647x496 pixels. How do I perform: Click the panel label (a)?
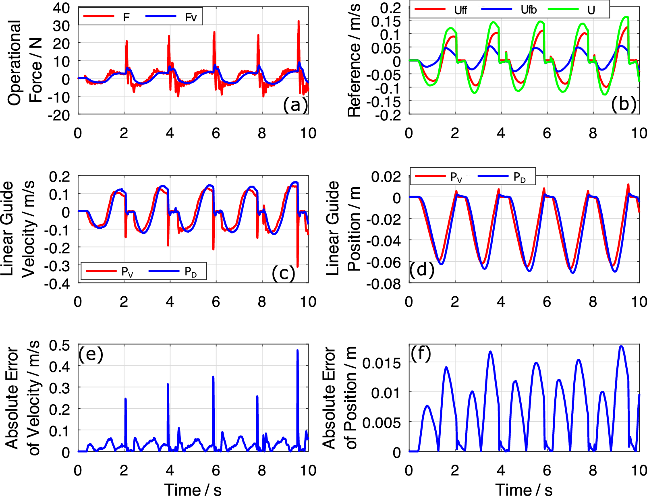(295, 105)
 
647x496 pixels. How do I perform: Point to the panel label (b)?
(624, 104)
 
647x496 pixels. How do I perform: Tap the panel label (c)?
(283, 273)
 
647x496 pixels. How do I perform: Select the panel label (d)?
(422, 270)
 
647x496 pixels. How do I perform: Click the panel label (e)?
(91, 354)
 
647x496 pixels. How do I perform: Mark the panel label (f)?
(421, 353)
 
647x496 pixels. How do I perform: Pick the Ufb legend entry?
(509, 10)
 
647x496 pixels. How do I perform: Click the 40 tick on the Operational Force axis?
(61, 8)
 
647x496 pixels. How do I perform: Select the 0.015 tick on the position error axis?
(382, 363)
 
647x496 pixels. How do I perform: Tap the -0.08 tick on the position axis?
(384, 284)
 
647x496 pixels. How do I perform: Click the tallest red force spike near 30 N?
(299, 21)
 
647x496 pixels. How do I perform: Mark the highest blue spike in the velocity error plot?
(297, 351)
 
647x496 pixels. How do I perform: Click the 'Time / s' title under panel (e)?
(193, 490)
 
